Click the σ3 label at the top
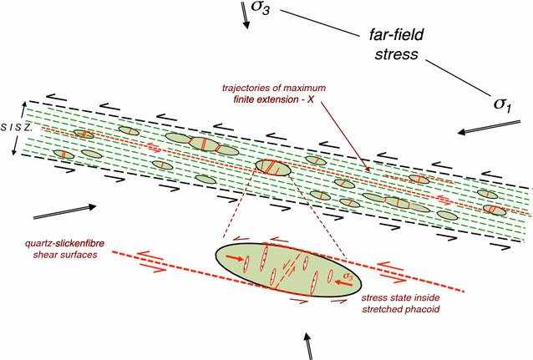[264, 9]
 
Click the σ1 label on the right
[500, 103]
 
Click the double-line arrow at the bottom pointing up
[309, 343]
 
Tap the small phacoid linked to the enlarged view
[273, 167]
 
